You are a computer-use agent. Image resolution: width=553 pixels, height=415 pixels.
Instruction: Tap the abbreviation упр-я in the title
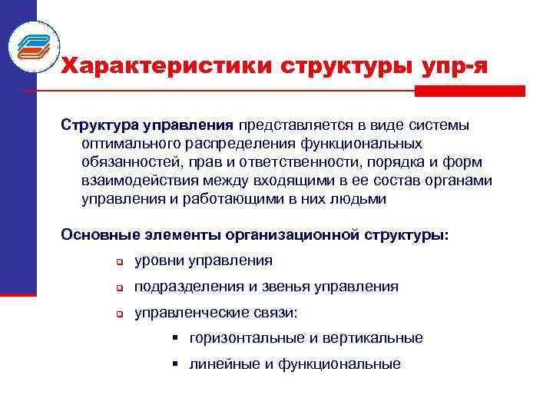(x=453, y=65)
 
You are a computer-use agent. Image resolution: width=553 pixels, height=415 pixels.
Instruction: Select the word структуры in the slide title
(x=340, y=65)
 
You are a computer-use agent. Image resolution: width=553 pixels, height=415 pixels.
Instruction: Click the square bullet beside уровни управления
(x=120, y=262)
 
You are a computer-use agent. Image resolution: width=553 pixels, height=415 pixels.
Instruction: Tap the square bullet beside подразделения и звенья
(x=120, y=288)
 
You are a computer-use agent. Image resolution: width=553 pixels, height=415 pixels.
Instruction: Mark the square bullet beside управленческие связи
(x=120, y=314)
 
